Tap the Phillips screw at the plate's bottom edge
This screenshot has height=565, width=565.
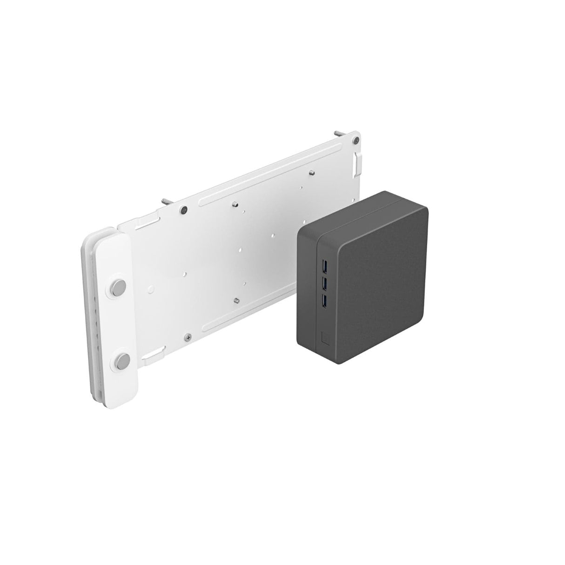click(188, 336)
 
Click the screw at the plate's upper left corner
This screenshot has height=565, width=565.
click(185, 210)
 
